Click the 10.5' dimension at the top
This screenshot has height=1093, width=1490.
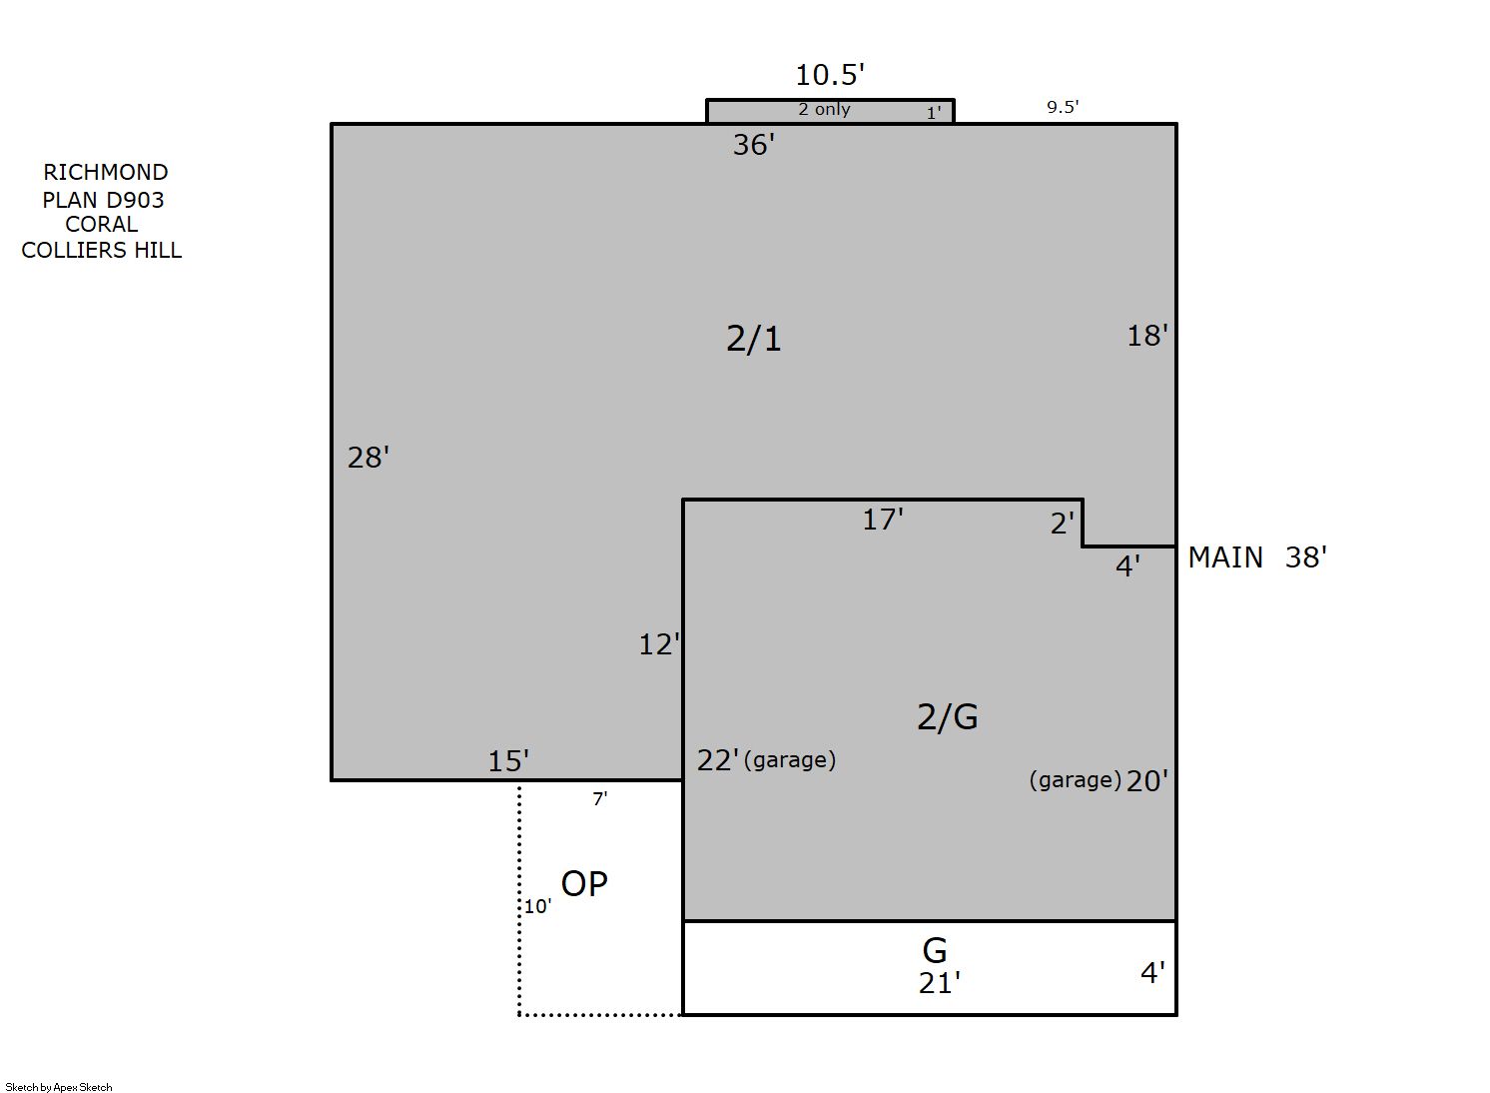(830, 75)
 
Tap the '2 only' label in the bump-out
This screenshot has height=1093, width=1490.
(824, 109)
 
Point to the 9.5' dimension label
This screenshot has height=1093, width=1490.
(1063, 107)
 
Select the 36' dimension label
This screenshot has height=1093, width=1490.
(754, 145)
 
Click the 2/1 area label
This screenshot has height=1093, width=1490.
(754, 338)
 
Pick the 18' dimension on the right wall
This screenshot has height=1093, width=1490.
(1147, 336)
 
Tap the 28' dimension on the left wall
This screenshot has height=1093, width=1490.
(368, 458)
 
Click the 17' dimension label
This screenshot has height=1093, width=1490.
(883, 520)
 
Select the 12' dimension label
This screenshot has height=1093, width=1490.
(659, 644)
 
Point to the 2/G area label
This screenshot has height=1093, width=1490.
(947, 717)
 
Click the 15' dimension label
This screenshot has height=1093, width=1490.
(508, 761)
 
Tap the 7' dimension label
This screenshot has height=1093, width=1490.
(599, 799)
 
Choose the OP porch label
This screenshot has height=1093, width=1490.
(584, 884)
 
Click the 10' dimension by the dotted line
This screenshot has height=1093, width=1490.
(537, 906)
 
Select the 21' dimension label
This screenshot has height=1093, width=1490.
(939, 984)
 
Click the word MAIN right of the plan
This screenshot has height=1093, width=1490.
(1225, 557)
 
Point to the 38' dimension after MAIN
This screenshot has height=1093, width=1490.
(1305, 557)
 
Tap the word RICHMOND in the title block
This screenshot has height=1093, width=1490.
(106, 172)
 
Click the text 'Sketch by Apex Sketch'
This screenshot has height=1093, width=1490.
(59, 1087)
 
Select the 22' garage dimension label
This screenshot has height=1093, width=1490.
(718, 760)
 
